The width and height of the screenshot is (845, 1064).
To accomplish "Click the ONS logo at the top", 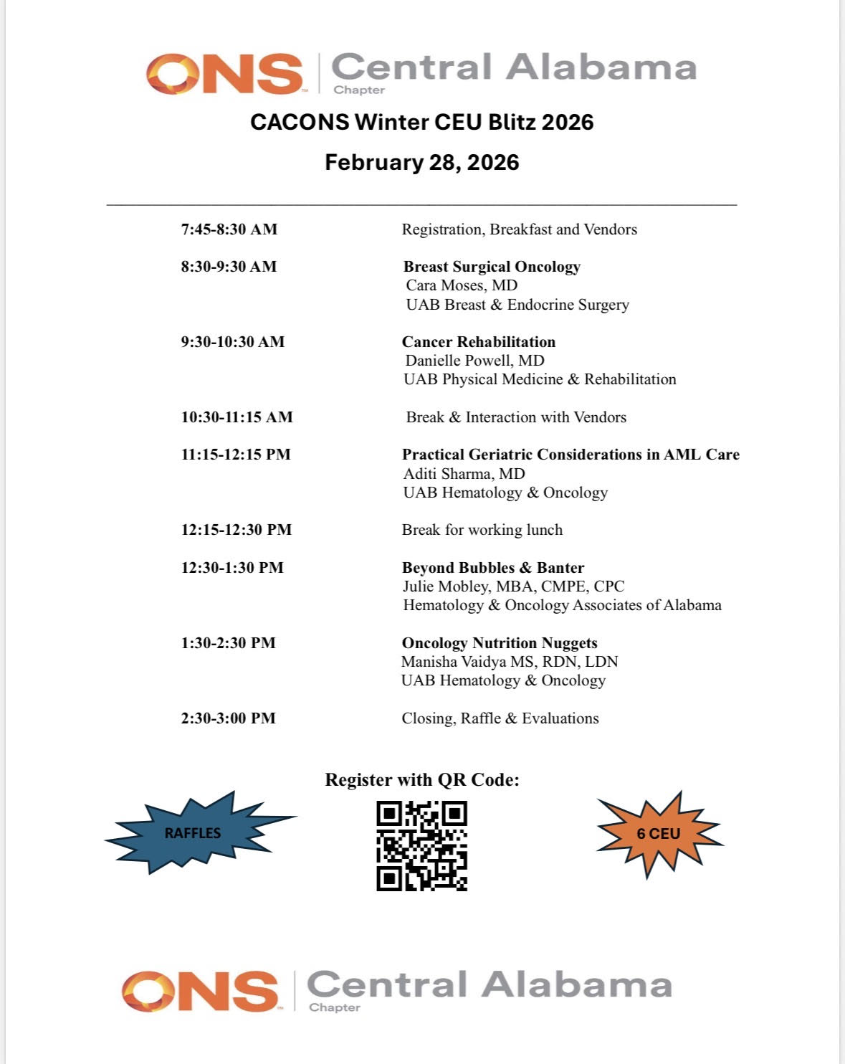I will (x=224, y=73).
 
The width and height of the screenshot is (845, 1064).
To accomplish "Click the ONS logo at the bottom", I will (x=200, y=991).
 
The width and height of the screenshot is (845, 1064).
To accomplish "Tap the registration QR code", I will (x=421, y=846).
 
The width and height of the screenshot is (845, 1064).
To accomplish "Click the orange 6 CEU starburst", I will (x=659, y=833).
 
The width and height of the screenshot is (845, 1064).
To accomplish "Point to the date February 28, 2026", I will (x=421, y=162).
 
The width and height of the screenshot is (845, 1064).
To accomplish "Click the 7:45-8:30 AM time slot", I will (x=229, y=229).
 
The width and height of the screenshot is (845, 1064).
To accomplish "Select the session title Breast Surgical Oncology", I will (x=492, y=267).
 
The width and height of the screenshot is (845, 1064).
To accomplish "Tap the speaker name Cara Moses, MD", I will (x=462, y=285).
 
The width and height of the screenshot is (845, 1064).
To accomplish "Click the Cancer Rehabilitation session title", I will (x=478, y=342).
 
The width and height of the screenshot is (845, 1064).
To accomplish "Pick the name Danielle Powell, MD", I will (x=474, y=361).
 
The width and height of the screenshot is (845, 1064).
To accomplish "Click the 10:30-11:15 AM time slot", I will (x=237, y=417).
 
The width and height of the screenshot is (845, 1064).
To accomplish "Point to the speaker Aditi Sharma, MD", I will (x=464, y=474).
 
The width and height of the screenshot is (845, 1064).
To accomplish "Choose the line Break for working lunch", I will (x=482, y=530).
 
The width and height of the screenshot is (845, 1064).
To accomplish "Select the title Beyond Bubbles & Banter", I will (x=492, y=568).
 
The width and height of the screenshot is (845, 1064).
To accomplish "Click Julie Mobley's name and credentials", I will (x=513, y=586).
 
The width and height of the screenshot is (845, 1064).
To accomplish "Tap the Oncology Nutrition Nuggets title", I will (x=499, y=643).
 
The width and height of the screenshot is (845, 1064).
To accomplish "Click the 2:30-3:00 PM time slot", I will (x=228, y=718).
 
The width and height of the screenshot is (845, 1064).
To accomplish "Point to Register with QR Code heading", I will (x=421, y=779).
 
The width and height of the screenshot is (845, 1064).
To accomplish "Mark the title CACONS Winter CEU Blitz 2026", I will (x=421, y=122).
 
